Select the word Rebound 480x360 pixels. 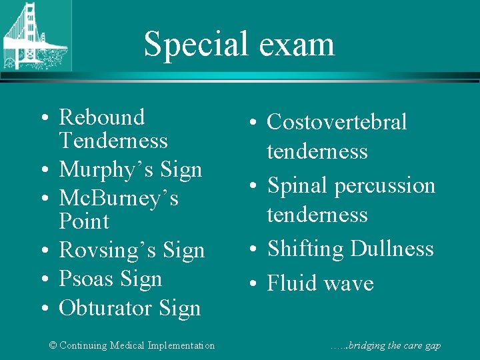(101, 117)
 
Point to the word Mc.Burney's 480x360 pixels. (119, 198)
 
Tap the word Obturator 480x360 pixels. (107, 308)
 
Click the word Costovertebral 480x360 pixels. (337, 122)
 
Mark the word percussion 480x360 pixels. (385, 185)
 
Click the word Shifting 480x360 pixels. (305, 249)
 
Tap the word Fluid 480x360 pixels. (291, 283)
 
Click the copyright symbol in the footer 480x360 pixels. (53, 345)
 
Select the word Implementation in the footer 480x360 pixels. (181, 345)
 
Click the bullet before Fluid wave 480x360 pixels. (255, 284)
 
